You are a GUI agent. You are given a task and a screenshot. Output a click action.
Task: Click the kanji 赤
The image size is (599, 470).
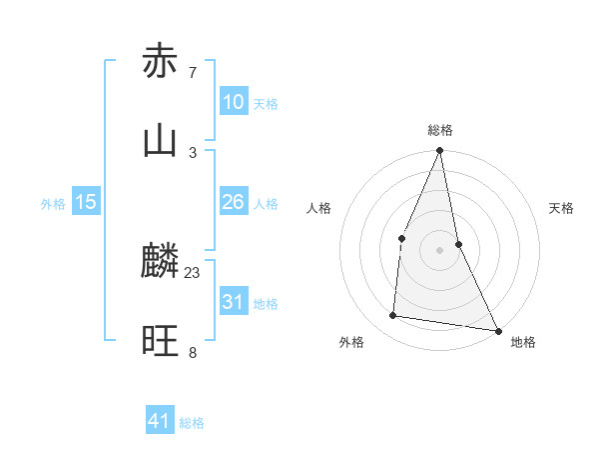coord(160,62)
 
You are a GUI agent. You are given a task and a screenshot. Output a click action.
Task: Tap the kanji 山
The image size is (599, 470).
coord(160,141)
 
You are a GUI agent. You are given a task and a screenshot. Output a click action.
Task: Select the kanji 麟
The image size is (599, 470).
coord(160,262)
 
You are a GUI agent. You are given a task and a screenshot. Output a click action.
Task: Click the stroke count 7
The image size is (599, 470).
coord(193,72)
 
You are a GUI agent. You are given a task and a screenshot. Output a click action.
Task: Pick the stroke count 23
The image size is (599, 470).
coord(193,272)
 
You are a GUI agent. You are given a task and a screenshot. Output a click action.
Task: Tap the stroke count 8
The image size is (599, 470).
coord(193,352)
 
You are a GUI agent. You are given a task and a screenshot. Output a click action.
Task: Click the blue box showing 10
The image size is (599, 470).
coord(234,102)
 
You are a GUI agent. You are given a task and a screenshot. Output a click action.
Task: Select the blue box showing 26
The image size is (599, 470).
coord(234,202)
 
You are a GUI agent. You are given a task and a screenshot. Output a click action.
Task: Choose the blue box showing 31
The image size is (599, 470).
coord(234,302)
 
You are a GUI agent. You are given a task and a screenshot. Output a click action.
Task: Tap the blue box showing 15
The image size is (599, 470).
coord(86,202)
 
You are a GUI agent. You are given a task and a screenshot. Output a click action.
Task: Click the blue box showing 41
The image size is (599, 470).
coord(160,421)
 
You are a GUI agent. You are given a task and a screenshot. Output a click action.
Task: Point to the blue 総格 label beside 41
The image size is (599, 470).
coord(192,423)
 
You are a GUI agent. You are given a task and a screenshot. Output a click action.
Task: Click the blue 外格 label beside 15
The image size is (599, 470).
coord(53,204)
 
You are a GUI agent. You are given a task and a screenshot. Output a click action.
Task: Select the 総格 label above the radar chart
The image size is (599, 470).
coord(440,131)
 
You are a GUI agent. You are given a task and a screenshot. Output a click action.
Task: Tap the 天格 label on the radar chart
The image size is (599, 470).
coord(562,208)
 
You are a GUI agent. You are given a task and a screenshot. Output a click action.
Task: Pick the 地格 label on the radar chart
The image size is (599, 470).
coord(523,342)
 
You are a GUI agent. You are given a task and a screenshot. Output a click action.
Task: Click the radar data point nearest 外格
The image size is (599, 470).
coord(393,316)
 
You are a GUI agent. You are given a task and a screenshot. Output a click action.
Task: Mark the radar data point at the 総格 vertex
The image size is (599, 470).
coord(440,151)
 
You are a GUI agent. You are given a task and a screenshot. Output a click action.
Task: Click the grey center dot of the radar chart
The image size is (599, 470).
coord(440,250)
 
